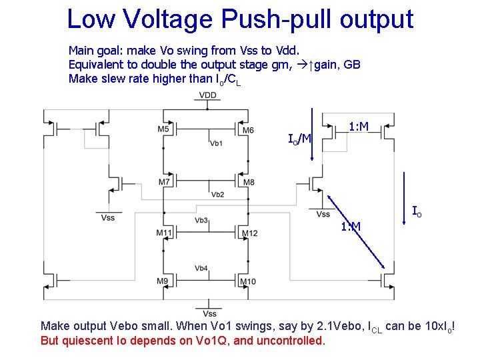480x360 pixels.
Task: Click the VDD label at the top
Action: click(x=207, y=95)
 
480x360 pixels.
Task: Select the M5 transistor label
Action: click(x=163, y=129)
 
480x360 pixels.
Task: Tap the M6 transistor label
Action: click(x=248, y=130)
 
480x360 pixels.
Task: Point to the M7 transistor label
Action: click(x=164, y=182)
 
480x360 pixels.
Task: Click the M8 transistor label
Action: click(x=249, y=182)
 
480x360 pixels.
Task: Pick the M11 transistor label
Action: click(x=164, y=233)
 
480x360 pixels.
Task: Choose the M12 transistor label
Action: click(x=249, y=233)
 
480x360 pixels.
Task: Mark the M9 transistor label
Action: click(x=163, y=281)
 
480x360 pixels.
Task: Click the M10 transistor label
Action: click(x=247, y=282)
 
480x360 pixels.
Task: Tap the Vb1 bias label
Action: click(x=216, y=143)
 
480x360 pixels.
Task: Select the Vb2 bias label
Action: click(x=218, y=195)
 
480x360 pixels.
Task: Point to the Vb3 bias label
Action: click(x=202, y=220)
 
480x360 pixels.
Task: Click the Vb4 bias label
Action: click(x=201, y=269)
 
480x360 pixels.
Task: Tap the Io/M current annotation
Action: click(x=299, y=139)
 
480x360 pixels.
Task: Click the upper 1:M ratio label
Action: click(x=359, y=126)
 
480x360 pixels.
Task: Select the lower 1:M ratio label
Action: click(x=351, y=227)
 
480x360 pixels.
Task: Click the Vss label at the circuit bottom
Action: click(x=209, y=313)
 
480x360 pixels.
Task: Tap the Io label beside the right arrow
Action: click(x=416, y=211)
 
